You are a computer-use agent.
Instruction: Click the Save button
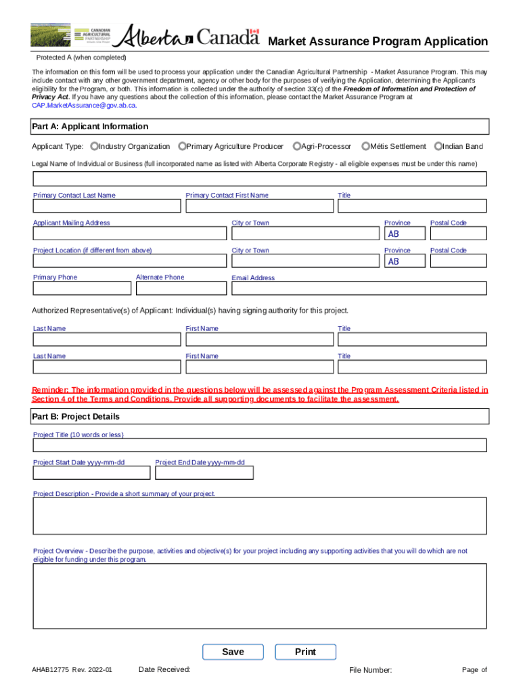pos(233,652)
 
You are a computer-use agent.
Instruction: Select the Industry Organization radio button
pos(94,146)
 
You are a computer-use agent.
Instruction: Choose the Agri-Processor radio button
pos(297,146)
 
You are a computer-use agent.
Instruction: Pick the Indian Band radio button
pos(438,146)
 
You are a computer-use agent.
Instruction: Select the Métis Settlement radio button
pos(365,146)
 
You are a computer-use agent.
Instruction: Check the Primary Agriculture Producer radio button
pos(182,146)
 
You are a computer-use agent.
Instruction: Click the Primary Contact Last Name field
pos(107,206)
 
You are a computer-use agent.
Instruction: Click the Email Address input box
pos(359,288)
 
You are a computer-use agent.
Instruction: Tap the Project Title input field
pos(260,445)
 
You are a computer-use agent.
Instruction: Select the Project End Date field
pos(204,473)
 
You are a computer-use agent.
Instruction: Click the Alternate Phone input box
pos(181,288)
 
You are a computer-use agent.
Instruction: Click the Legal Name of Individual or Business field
pos(260,179)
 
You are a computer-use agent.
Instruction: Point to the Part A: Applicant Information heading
pos(90,127)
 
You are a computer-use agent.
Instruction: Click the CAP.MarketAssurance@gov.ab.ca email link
pos(85,106)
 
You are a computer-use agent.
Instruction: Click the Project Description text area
pos(260,516)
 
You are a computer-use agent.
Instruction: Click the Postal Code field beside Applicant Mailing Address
pos(458,233)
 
